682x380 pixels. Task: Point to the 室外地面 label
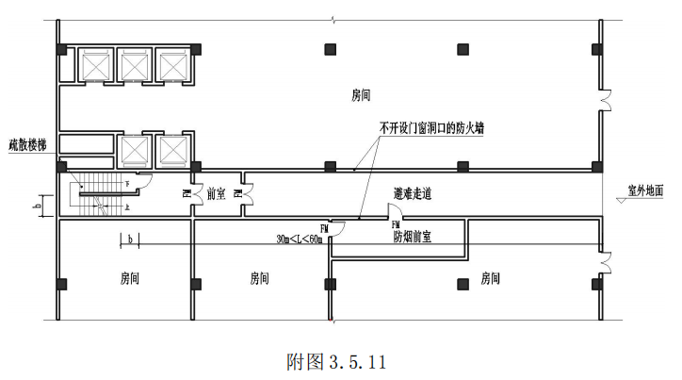point(646,190)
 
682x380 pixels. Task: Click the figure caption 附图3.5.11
point(336,361)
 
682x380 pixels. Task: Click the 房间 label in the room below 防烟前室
point(490,279)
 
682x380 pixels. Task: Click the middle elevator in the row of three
point(135,65)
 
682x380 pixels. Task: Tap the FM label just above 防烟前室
point(396,226)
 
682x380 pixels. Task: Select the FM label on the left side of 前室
point(187,194)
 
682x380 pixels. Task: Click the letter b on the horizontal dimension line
point(129,239)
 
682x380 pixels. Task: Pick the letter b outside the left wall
point(38,204)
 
